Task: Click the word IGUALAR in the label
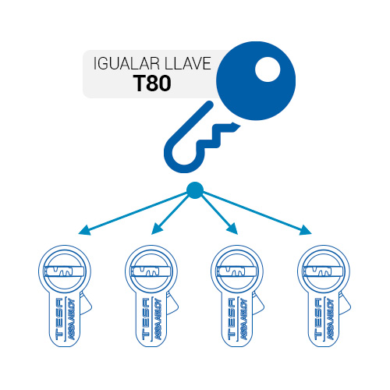(x=126, y=63)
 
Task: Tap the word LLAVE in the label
(x=188, y=63)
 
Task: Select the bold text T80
(x=152, y=83)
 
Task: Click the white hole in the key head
(x=268, y=69)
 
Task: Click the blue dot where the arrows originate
(x=195, y=190)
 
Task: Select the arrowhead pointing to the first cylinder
(x=85, y=230)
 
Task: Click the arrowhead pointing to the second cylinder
(x=157, y=229)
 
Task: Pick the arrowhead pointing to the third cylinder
(x=232, y=229)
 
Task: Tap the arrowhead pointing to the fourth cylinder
(x=305, y=230)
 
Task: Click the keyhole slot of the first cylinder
(x=64, y=271)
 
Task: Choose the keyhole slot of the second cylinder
(x=151, y=271)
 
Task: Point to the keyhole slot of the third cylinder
(x=236, y=271)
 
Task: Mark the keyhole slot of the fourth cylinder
(x=323, y=271)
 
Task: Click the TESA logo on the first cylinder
(x=59, y=318)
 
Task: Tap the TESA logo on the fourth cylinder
(x=318, y=318)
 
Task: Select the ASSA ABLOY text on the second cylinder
(x=158, y=319)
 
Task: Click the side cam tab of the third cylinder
(x=258, y=303)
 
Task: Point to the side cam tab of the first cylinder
(x=86, y=303)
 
